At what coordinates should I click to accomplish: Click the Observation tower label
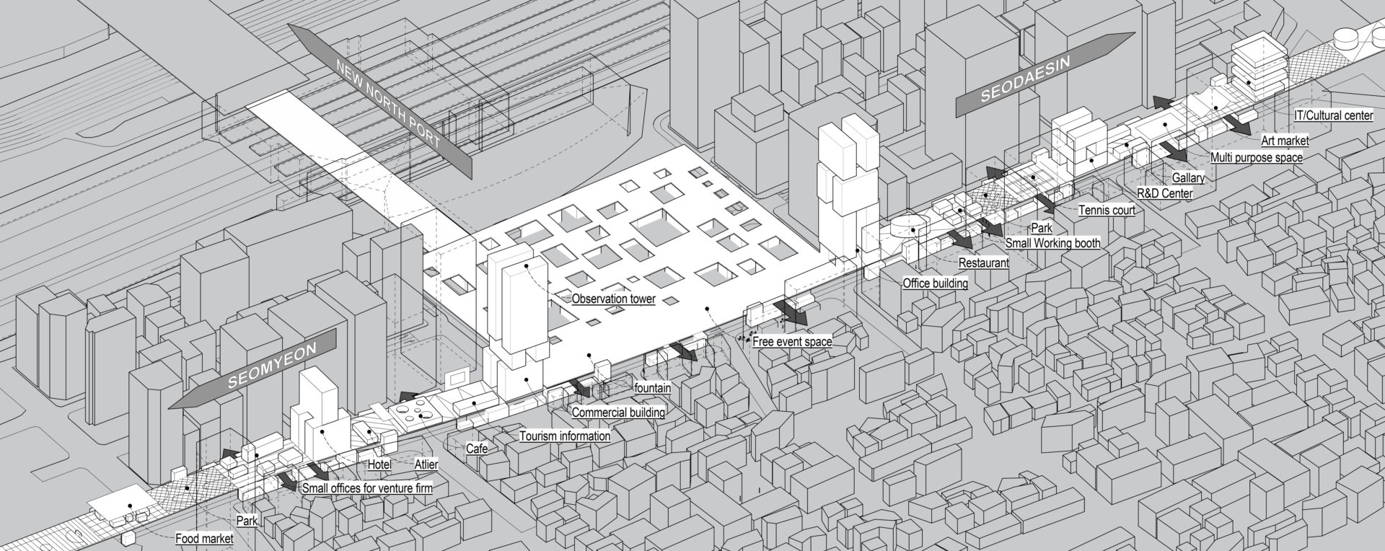click(613, 299)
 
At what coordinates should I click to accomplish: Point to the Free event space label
click(792, 342)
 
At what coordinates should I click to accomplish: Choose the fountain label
click(652, 388)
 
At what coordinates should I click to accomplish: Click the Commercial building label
click(618, 413)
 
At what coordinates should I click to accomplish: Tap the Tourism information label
click(565, 436)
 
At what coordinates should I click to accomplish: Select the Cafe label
click(476, 449)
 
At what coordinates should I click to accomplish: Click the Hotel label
click(379, 464)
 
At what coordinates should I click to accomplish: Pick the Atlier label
click(426, 464)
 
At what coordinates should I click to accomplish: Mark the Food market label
click(204, 539)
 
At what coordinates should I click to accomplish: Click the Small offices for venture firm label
click(367, 488)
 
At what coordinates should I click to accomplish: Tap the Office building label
click(935, 283)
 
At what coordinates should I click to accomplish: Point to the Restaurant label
click(983, 263)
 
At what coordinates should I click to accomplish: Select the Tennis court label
click(1107, 211)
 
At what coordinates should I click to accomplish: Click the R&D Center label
click(1164, 193)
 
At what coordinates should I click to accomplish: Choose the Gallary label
click(1188, 177)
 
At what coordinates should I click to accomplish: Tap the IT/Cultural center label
click(1333, 115)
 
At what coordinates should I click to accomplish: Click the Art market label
click(1284, 141)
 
